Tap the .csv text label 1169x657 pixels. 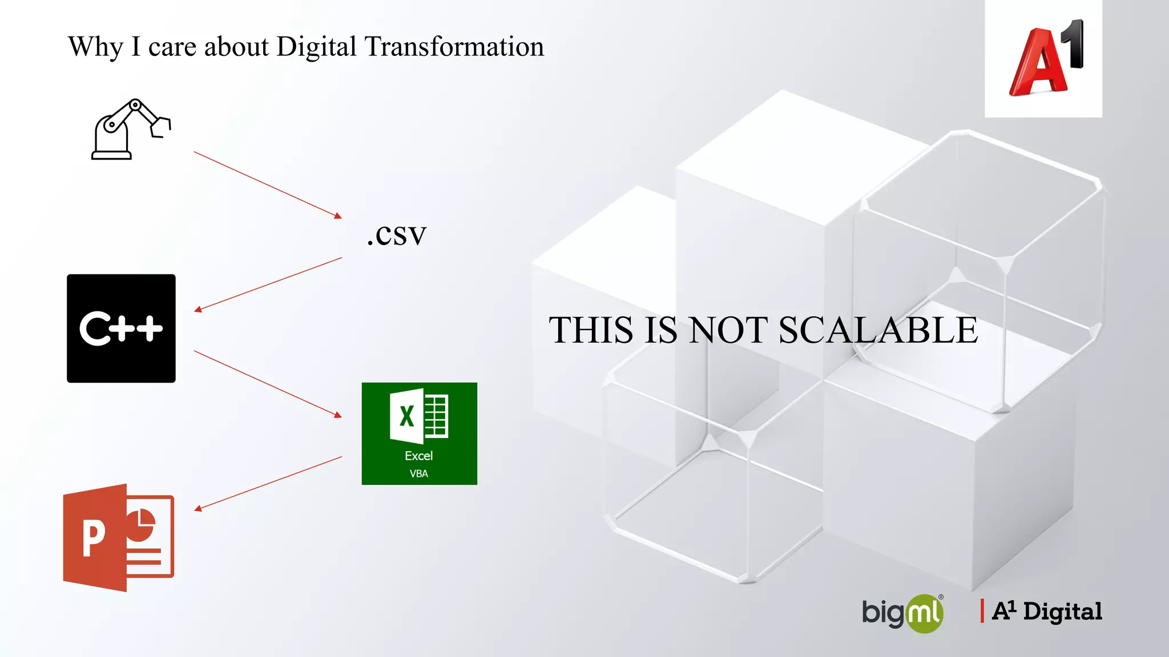[x=397, y=234]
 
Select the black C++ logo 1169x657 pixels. [x=121, y=328]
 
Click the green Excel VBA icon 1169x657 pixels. [x=419, y=433]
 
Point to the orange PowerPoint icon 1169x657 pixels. [x=119, y=537]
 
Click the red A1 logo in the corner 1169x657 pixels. [x=1043, y=59]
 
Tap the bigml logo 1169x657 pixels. [x=902, y=613]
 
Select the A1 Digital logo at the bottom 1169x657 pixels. [x=1042, y=611]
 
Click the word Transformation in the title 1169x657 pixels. [x=454, y=47]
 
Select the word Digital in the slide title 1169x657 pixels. [x=316, y=47]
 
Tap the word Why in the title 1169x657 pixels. [x=95, y=47]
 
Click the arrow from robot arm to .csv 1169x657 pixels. [x=267, y=185]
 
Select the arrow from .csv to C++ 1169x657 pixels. [x=268, y=284]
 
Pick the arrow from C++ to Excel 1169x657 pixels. [x=267, y=384]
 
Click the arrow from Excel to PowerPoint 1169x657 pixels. [x=268, y=483]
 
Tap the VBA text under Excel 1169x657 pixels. [x=419, y=474]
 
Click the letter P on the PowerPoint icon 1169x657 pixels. [x=94, y=538]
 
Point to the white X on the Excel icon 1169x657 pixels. [x=406, y=416]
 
